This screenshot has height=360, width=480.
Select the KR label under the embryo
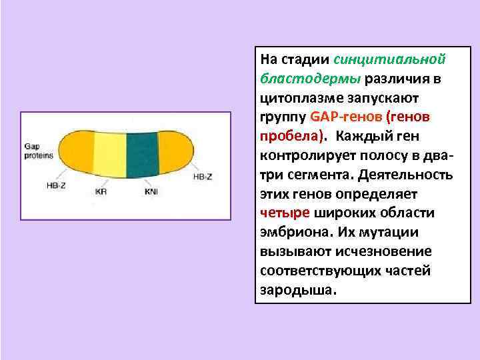point(101,191)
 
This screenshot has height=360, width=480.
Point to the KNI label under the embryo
point(151,191)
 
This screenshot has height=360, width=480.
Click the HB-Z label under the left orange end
point(56,186)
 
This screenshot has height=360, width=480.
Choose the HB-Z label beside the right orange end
point(203,177)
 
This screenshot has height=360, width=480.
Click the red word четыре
point(285,213)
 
